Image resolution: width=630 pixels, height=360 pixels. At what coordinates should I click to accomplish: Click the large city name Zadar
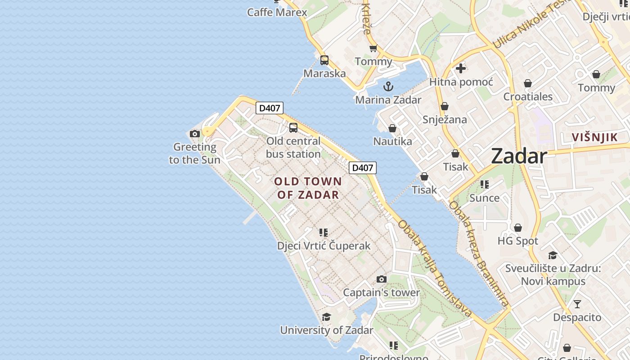pyautogui.click(x=519, y=156)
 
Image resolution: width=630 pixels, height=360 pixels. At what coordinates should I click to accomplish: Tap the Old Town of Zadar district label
pyautogui.click(x=308, y=188)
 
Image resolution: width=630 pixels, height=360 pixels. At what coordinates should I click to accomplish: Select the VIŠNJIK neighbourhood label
pyautogui.click(x=594, y=137)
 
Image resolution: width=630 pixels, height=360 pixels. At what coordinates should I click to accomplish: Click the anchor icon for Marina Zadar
pyautogui.click(x=388, y=86)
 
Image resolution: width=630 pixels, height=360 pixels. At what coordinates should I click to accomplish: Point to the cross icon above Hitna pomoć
pyautogui.click(x=461, y=68)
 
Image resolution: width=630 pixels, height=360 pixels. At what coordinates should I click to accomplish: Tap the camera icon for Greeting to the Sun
pyautogui.click(x=195, y=134)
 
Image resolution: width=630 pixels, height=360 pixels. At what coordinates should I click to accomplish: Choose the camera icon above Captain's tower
pyautogui.click(x=382, y=279)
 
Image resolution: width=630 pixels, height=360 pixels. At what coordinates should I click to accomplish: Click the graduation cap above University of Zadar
pyautogui.click(x=326, y=317)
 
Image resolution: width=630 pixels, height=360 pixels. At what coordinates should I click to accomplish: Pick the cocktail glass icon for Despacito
pyautogui.click(x=577, y=304)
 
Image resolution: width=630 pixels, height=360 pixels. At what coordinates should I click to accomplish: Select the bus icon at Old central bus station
pyautogui.click(x=293, y=128)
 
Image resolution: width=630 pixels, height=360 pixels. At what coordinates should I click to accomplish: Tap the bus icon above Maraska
pyautogui.click(x=324, y=60)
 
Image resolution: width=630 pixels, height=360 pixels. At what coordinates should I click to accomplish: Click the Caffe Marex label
pyautogui.click(x=277, y=12)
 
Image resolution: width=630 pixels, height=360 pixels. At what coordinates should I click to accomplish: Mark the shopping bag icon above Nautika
pyautogui.click(x=392, y=129)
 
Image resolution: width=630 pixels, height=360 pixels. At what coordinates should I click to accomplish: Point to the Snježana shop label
pyautogui.click(x=445, y=120)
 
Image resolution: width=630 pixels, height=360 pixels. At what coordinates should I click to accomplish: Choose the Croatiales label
pyautogui.click(x=528, y=96)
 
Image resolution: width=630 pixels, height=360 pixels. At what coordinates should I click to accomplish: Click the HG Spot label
pyautogui.click(x=517, y=241)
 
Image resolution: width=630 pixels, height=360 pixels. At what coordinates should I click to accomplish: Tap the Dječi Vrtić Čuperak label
pyautogui.click(x=324, y=246)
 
